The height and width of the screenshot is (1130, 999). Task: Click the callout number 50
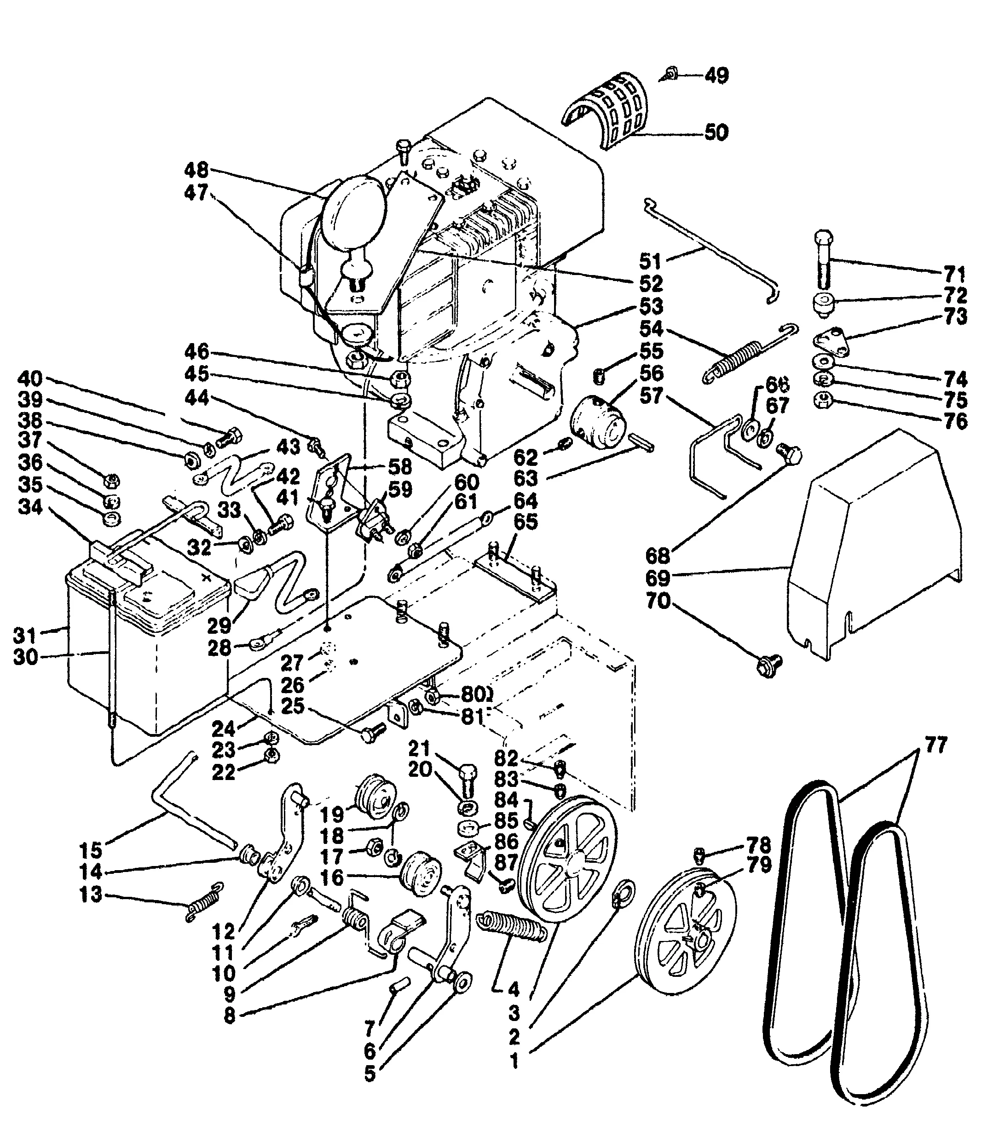(716, 132)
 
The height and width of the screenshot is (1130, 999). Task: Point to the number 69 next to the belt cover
(657, 578)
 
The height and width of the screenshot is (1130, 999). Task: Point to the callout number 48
(196, 170)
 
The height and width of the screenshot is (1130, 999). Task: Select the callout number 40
(30, 379)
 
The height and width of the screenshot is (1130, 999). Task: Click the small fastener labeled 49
(671, 74)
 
